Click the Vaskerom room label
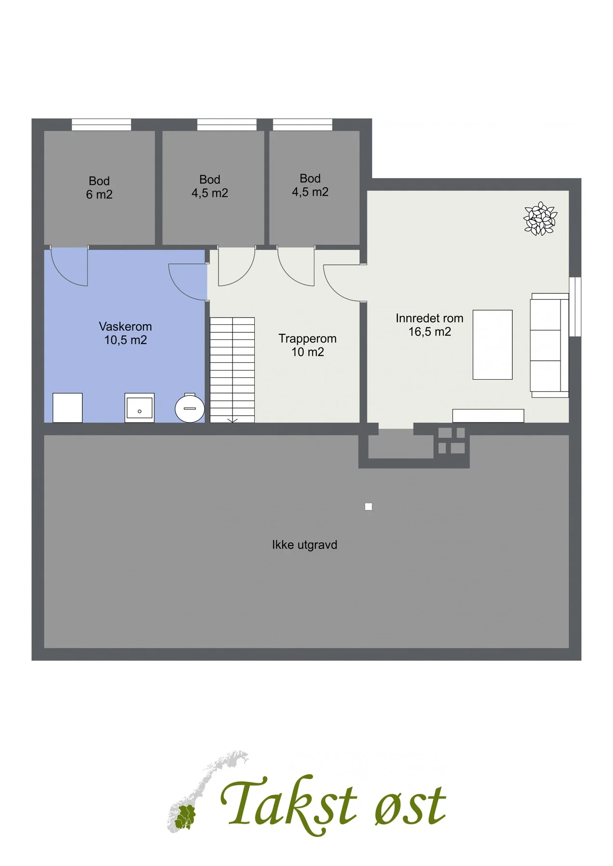(125, 333)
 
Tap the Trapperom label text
(307, 345)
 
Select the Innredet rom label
(430, 325)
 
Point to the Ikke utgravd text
(304, 545)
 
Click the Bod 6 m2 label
(99, 188)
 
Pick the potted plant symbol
(540, 219)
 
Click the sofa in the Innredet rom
(549, 345)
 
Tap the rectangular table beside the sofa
(492, 344)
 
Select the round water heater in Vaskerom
(190, 408)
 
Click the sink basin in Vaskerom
(139, 408)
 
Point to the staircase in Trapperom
(232, 369)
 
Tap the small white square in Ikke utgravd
(368, 507)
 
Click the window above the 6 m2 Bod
(101, 125)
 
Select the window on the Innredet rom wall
(575, 306)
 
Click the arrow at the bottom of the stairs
(232, 420)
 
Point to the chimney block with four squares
(451, 441)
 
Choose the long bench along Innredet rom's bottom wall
(488, 416)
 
